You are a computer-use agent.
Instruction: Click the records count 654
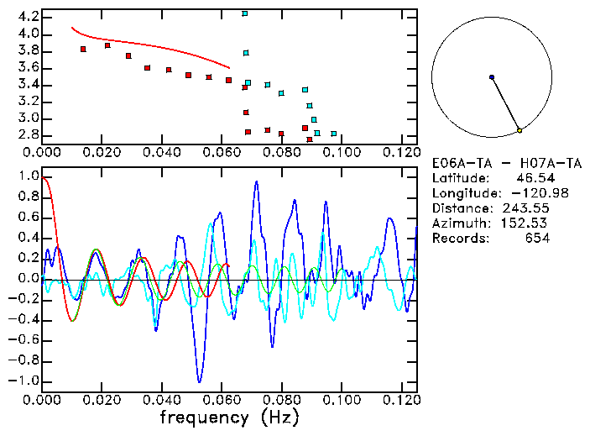[x=536, y=239]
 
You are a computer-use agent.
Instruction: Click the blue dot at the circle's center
[x=492, y=77]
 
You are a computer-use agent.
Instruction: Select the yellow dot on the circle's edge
[x=520, y=130]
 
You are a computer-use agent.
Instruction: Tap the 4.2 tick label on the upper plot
[x=28, y=17]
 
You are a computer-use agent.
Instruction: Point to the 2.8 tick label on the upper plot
[x=28, y=134]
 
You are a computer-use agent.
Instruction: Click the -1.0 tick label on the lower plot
[x=23, y=381]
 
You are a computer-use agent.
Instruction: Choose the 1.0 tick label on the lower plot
[x=28, y=177]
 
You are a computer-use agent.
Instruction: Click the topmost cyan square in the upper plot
[x=245, y=13]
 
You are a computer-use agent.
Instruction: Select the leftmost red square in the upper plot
[x=83, y=50]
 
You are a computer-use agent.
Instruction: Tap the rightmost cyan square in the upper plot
[x=334, y=134]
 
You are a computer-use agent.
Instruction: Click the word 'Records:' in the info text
[x=461, y=239]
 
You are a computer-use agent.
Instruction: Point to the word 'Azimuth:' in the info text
[x=461, y=223]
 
